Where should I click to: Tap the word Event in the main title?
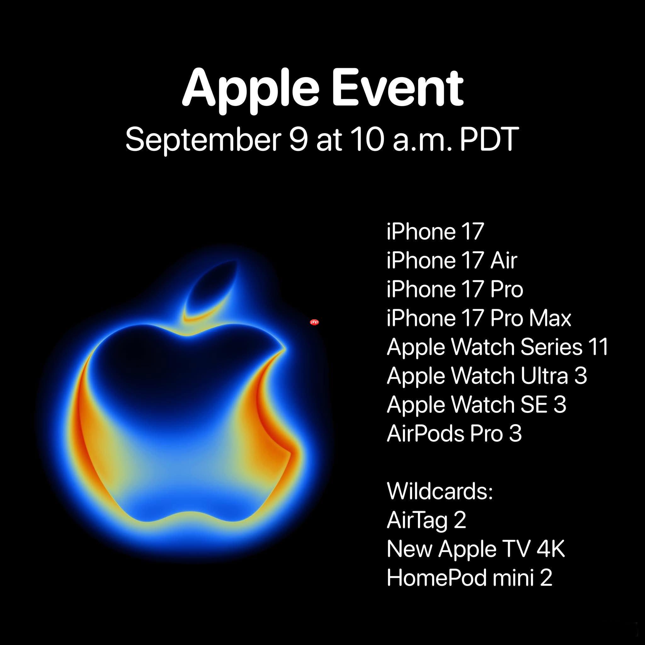pyautogui.click(x=397, y=88)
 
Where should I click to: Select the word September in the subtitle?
pyautogui.click(x=202, y=140)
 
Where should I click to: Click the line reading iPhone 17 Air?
pyautogui.click(x=452, y=260)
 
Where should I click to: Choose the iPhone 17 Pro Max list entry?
pyautogui.click(x=479, y=318)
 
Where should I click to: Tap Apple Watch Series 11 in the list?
pyautogui.click(x=497, y=347)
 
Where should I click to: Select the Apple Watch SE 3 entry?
pyautogui.click(x=477, y=404)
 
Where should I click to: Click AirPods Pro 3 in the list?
pyautogui.click(x=454, y=433)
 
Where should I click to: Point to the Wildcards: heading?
pyautogui.click(x=440, y=491)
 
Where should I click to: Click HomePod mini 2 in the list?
pyautogui.click(x=469, y=578)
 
